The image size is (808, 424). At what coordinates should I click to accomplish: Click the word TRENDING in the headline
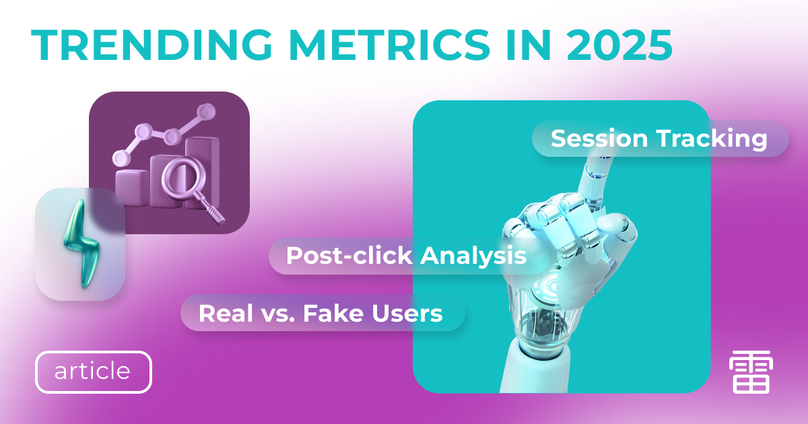(x=151, y=45)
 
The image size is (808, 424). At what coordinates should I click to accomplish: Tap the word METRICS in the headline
(x=389, y=45)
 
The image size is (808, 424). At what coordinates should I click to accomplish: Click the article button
(x=94, y=372)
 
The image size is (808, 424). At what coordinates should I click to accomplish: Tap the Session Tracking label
(x=660, y=139)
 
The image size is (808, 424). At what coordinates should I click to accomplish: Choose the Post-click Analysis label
(x=409, y=256)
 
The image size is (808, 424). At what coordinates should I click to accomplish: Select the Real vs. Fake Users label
(x=323, y=313)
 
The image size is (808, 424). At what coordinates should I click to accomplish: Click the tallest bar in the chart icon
(x=203, y=173)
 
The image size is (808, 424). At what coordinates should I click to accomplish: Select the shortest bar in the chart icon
(x=132, y=188)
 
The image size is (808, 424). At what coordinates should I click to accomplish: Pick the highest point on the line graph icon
(x=206, y=111)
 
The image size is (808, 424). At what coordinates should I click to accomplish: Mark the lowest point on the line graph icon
(x=121, y=158)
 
